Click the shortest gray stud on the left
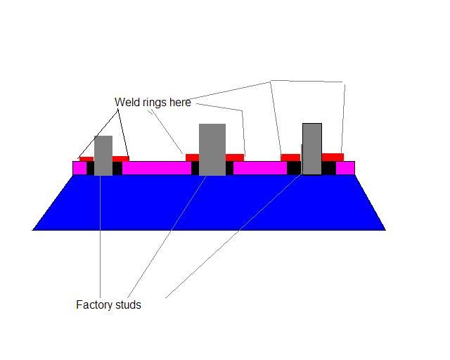(103, 155)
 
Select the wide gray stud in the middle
(212, 150)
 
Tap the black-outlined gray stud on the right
(312, 148)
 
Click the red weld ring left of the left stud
(86, 159)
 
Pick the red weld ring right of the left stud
(120, 158)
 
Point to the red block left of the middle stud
(192, 157)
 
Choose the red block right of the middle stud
(234, 157)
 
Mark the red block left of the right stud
(290, 157)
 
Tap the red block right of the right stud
(333, 157)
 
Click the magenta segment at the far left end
(79, 168)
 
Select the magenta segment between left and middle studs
(157, 168)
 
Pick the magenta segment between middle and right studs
(260, 168)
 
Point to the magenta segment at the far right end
(345, 168)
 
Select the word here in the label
(180, 102)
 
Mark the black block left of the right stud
(294, 168)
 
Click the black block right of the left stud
(117, 169)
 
